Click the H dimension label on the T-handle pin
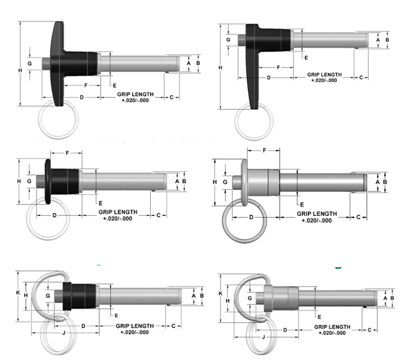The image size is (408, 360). pos(20,70)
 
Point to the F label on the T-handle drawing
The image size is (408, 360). pos(85,86)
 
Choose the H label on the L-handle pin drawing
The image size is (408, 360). pos(220,67)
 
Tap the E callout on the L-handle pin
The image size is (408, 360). pos(306,57)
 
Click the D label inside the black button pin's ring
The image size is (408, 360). pos(54,215)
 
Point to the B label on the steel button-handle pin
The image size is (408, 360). pos(385,182)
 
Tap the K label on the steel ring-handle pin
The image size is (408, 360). pos(220,293)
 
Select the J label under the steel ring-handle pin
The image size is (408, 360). pos(264,337)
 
